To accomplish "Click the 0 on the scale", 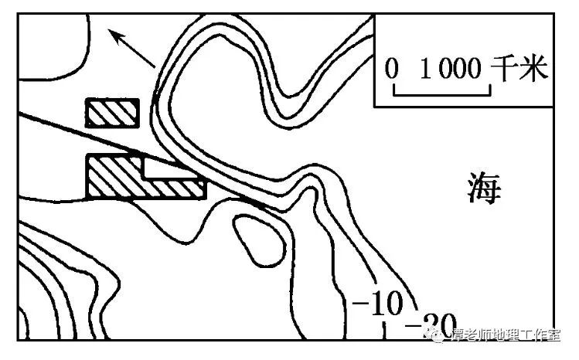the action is tap(393, 70).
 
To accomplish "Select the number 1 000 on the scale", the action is tap(450, 70).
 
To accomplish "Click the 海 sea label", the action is tap(485, 188).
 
